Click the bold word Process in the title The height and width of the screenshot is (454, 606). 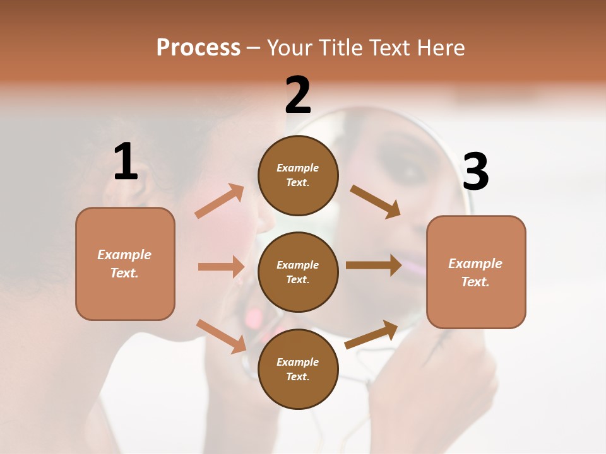[x=198, y=47]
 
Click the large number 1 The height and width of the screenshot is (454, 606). [x=126, y=162]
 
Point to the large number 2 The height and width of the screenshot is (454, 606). [x=298, y=96]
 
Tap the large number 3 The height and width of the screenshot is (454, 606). [x=475, y=172]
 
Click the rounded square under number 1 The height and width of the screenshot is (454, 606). [x=125, y=264]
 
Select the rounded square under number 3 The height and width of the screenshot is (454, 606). [x=476, y=272]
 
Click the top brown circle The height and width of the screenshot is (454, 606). [x=298, y=175]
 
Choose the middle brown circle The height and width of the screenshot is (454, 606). [x=298, y=272]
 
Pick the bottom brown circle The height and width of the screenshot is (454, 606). [x=298, y=369]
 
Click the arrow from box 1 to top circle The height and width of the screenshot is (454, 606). [x=219, y=201]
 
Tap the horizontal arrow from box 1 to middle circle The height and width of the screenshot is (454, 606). [x=221, y=267]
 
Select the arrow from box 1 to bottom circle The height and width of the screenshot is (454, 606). [x=222, y=336]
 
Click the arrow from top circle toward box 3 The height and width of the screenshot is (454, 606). [x=376, y=201]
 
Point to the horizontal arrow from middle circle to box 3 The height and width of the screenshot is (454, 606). [x=374, y=265]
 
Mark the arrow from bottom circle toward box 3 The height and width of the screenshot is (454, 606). [x=371, y=334]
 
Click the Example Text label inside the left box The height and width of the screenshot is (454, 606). [x=124, y=264]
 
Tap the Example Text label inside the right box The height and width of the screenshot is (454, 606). [x=475, y=272]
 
